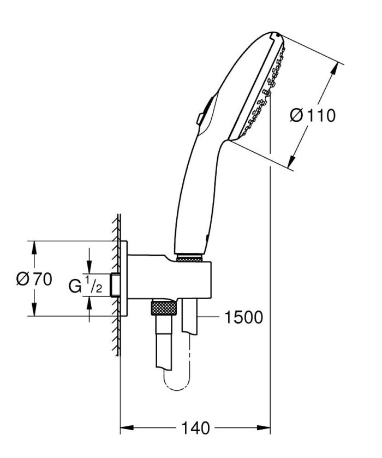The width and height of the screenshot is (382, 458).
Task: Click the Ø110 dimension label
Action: point(313,116)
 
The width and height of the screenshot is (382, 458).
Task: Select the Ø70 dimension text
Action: point(34,279)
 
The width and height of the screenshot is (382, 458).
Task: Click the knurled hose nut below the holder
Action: point(162,308)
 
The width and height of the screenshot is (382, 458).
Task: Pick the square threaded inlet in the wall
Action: point(115,284)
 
